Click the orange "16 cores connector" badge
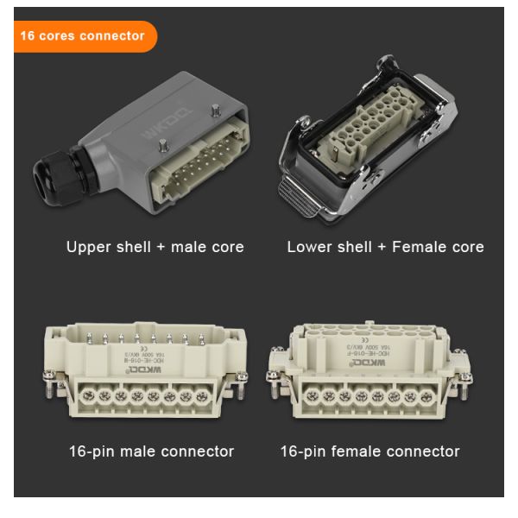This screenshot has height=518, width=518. point(83,36)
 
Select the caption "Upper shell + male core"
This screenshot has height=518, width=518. point(155,247)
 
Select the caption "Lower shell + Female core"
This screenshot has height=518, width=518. point(385,247)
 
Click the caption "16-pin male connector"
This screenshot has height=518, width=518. point(151,452)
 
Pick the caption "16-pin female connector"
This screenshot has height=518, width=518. point(370,452)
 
